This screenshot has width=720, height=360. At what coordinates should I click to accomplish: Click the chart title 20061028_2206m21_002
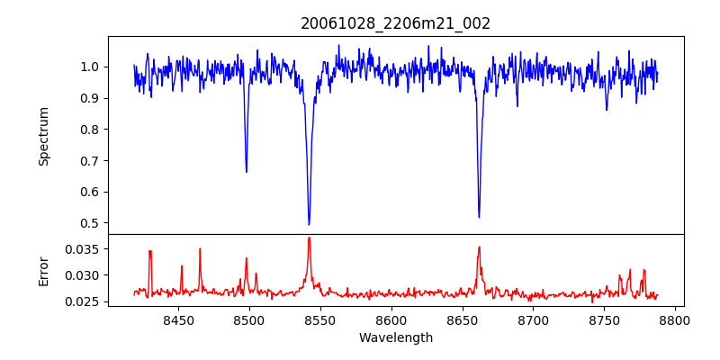[x=395, y=24]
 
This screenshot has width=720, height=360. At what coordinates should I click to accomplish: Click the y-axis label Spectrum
[x=43, y=136]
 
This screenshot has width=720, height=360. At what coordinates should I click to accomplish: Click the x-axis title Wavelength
[x=395, y=338]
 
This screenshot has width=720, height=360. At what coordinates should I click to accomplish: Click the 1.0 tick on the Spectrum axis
[x=90, y=67]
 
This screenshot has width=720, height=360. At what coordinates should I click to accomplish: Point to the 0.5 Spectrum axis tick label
[x=90, y=223]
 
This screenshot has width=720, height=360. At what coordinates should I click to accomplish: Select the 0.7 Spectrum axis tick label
[x=90, y=160]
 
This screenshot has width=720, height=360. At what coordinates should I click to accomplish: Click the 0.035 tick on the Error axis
[x=85, y=248]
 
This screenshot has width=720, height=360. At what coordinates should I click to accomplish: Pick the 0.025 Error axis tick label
[x=85, y=301]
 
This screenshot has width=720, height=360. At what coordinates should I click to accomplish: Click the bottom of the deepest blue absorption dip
[x=309, y=224]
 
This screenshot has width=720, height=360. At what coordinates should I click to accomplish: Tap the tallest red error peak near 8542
[x=309, y=238]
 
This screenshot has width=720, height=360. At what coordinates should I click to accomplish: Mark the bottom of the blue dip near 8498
[x=247, y=172]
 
